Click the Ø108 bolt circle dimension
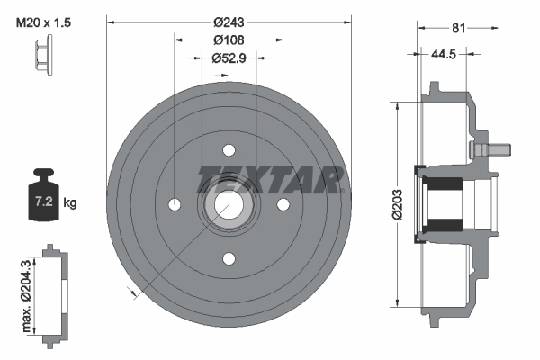point(229,40)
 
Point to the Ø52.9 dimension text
point(229,58)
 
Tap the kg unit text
point(71,203)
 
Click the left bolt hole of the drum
point(174,203)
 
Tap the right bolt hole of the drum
point(283,203)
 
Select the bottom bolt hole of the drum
point(229,259)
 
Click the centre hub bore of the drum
point(229,203)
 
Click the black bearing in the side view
point(443,203)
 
